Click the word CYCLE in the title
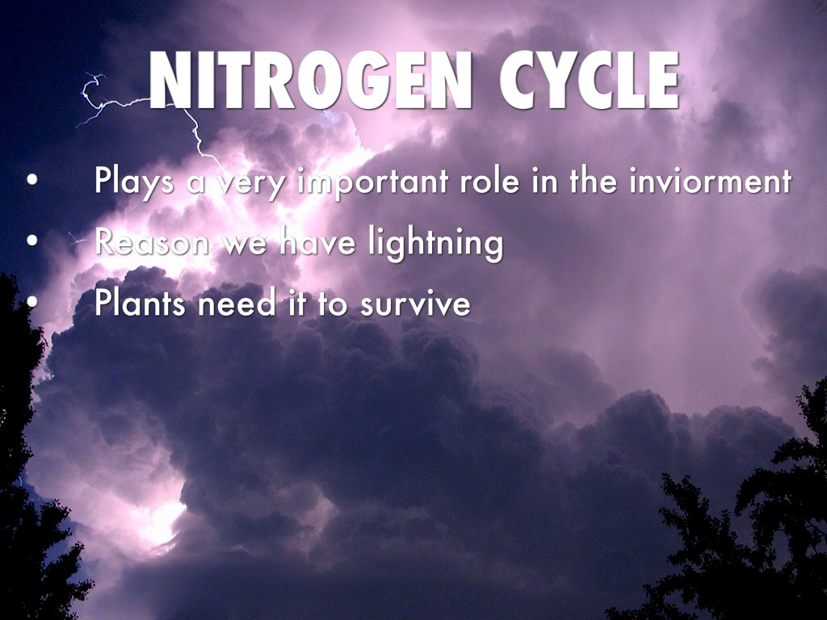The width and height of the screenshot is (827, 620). pos(589,81)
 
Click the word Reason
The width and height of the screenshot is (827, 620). pos(152,242)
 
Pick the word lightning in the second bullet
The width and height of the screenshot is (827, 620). pos(435,244)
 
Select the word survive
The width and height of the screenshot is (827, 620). pos(415,304)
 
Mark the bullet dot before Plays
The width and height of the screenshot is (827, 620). pos(32,180)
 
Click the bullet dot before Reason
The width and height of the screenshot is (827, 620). pos(32,241)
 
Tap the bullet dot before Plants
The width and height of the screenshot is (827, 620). pos(32,302)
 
